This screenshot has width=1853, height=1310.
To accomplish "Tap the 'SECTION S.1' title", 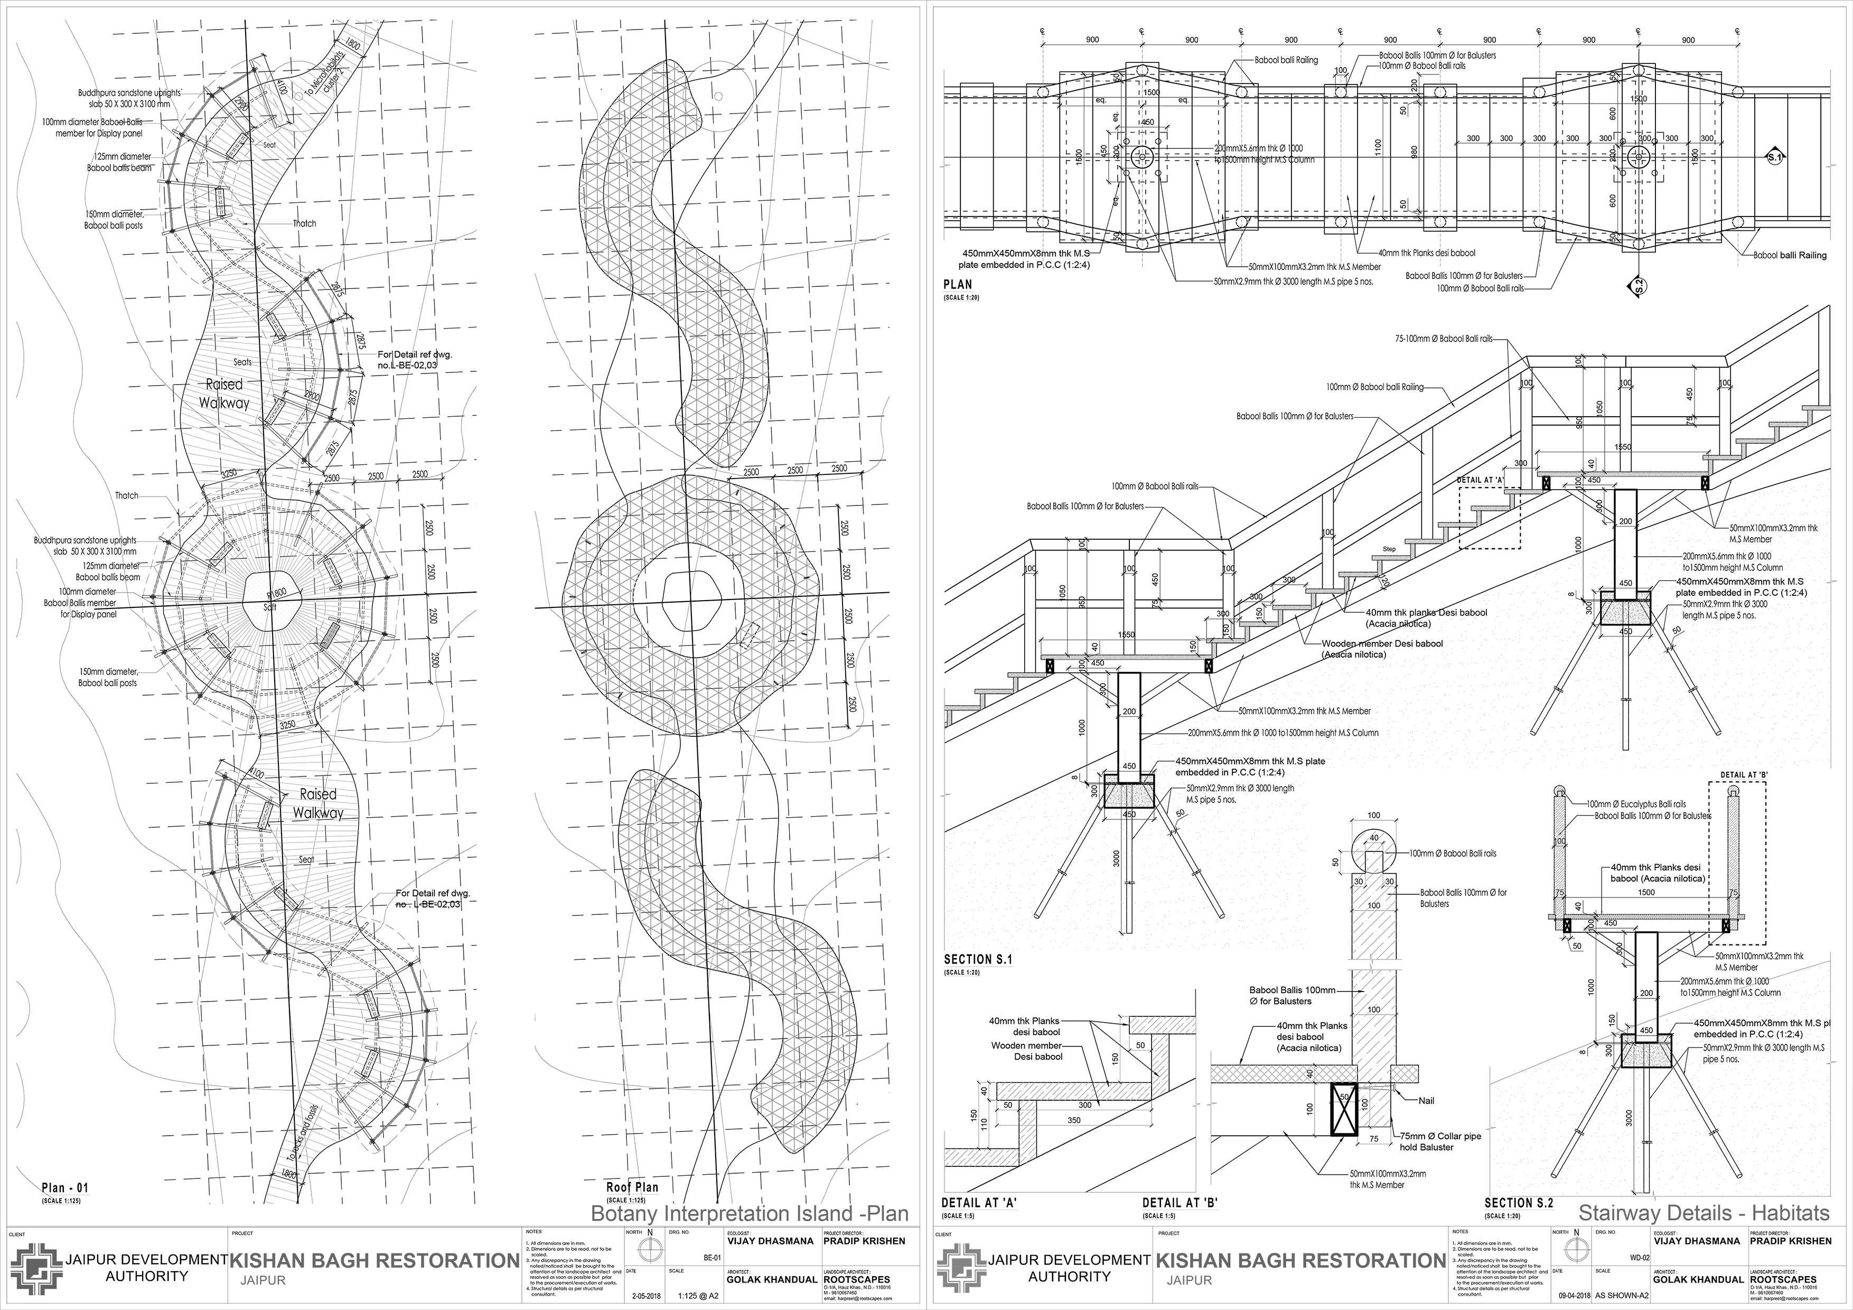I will point(977,959).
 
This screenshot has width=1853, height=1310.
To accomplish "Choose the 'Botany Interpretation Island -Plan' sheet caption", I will point(750,1213).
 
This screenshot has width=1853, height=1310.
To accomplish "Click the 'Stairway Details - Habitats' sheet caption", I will point(1703,1213).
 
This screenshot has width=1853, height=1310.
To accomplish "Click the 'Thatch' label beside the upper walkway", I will point(304,223).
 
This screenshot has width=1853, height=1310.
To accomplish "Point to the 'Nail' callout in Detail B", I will point(1427,1100).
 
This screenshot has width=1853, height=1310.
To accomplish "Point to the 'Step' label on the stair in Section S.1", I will point(1389,549).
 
